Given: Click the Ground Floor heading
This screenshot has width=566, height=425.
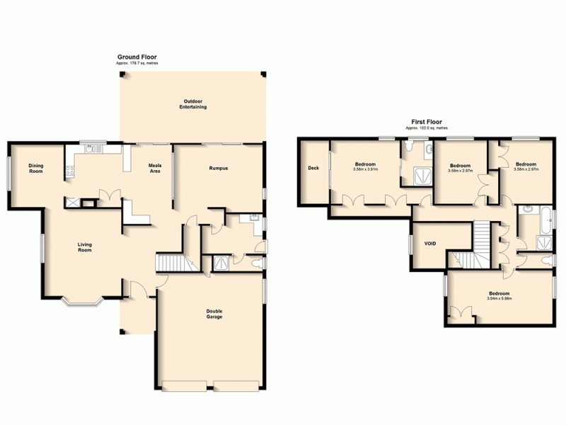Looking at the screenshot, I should tap(137, 57).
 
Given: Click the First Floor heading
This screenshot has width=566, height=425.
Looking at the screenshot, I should tap(427, 122).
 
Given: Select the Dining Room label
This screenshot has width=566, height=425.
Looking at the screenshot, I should tap(35, 169).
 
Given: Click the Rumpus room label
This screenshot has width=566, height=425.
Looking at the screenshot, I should tap(218, 168).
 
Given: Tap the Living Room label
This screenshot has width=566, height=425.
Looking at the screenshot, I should tap(85, 247).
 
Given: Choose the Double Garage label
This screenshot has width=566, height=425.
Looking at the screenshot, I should tap(214, 314).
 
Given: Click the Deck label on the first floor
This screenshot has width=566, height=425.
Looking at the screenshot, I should tap(312, 168).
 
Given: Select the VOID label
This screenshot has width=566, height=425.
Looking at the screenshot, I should tap(430, 244).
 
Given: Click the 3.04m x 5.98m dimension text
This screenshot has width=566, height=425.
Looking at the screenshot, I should tap(499, 298).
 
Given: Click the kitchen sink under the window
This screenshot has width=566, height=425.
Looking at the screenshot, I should tap(91, 149).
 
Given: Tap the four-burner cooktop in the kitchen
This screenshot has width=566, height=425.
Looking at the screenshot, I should tap(69, 170).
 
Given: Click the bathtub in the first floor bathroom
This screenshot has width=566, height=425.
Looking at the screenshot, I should tap(548, 221).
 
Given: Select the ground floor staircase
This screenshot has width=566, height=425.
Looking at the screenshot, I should tap(173, 263).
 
